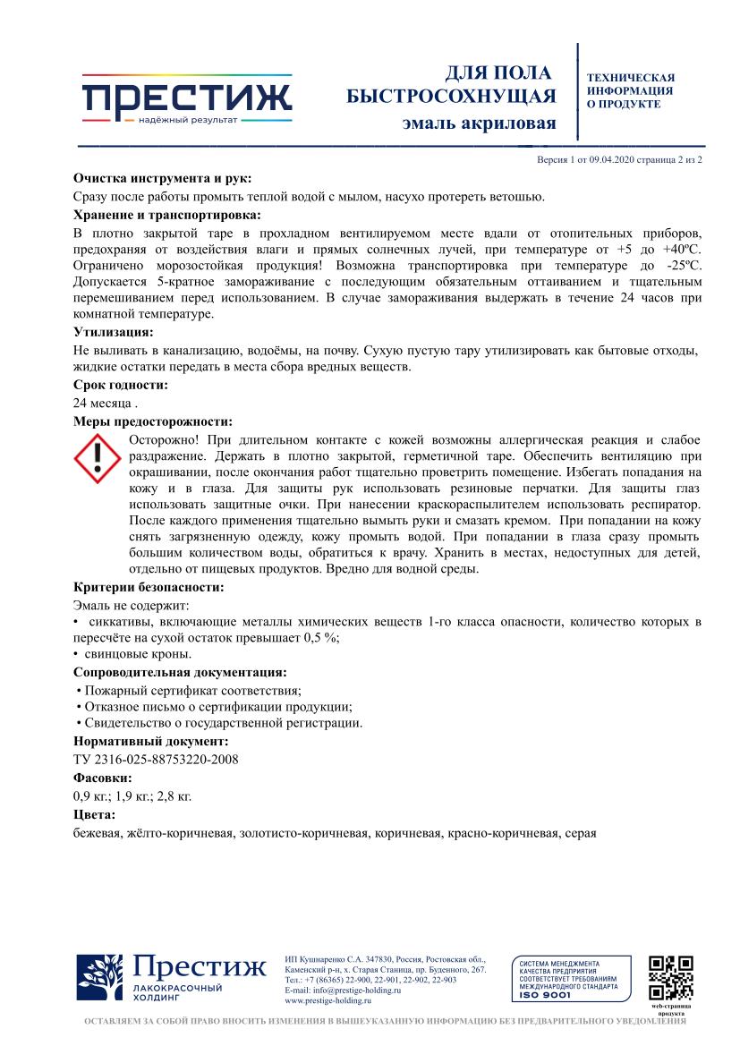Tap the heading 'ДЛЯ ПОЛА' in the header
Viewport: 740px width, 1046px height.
[498, 73]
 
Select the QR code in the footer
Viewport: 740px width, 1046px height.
[670, 979]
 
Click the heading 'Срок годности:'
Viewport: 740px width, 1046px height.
[121, 385]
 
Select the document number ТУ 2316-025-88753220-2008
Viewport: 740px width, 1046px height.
[156, 760]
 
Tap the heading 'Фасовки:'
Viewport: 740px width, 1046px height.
[102, 778]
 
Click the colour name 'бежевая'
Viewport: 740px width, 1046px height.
[97, 832]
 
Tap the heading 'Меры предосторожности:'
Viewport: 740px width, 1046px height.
[152, 421]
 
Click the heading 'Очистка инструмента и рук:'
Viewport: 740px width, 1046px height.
[162, 178]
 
